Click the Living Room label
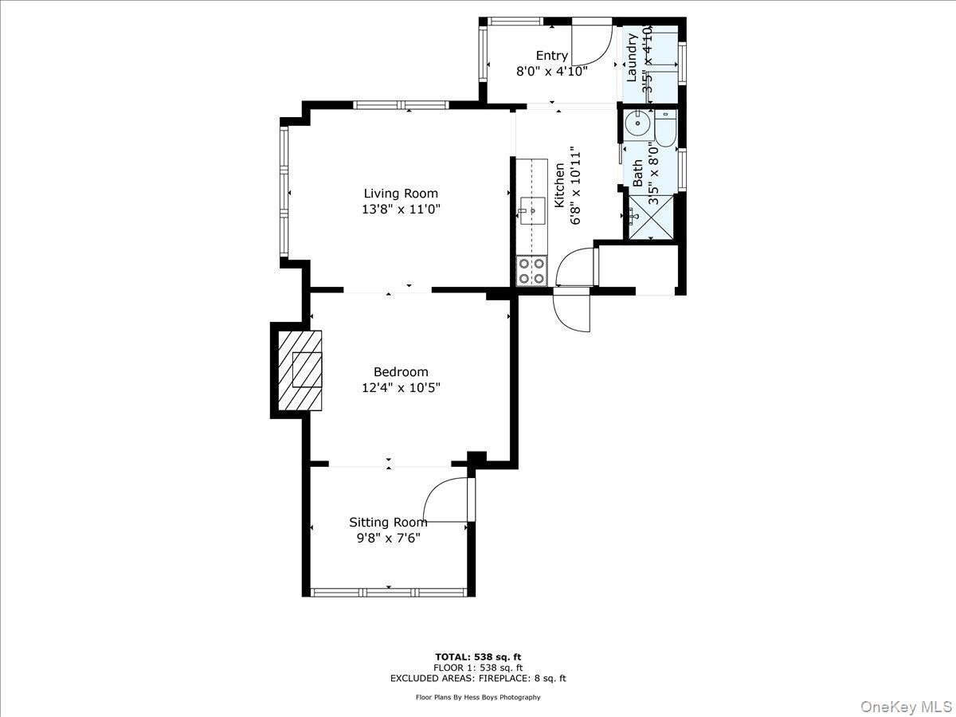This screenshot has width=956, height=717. pyautogui.click(x=401, y=193)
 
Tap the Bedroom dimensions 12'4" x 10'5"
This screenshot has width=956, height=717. pyautogui.click(x=401, y=388)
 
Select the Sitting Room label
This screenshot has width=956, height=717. pyautogui.click(x=388, y=522)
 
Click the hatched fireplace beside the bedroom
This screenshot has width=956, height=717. pyautogui.click(x=300, y=370)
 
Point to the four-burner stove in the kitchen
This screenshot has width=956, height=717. pyautogui.click(x=531, y=270)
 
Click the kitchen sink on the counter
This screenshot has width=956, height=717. pyautogui.click(x=531, y=211)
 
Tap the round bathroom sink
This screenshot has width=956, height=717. pyautogui.click(x=637, y=123)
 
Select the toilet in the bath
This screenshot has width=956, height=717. pyautogui.click(x=666, y=125)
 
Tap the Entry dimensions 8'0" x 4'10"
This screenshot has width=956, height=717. pyautogui.click(x=552, y=71)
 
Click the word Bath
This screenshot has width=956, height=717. pyautogui.click(x=637, y=174)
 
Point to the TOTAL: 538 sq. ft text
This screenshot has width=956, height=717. pyautogui.click(x=478, y=656)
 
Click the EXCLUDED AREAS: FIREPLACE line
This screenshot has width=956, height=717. pyautogui.click(x=478, y=679)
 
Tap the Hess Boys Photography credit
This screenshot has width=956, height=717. pyautogui.click(x=478, y=697)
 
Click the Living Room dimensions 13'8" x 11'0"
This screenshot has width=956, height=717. pyautogui.click(x=401, y=210)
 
